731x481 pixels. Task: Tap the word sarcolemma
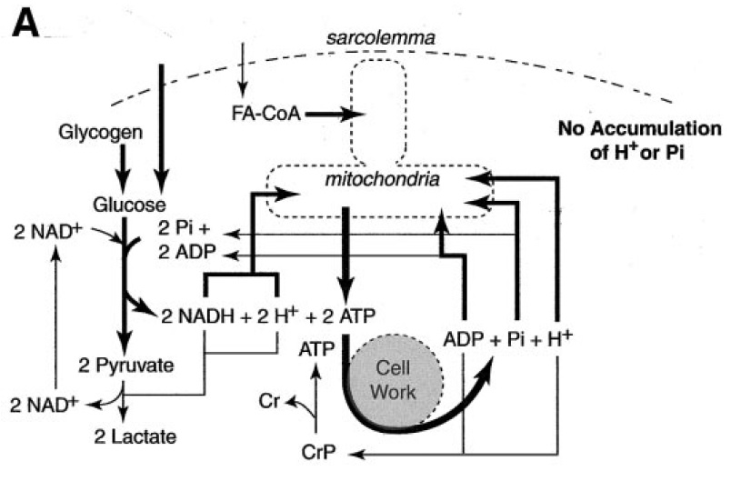[x=380, y=38]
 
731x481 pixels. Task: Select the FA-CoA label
[x=266, y=114]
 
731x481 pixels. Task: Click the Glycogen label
[x=100, y=133]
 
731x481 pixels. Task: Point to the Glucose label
[x=129, y=205]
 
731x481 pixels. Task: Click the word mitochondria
[x=382, y=179]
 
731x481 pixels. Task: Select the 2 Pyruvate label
[x=125, y=365]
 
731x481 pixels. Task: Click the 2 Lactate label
[x=135, y=436]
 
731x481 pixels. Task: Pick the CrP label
[x=318, y=452]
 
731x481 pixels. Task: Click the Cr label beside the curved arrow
[x=268, y=401]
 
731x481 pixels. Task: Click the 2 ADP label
[x=186, y=252]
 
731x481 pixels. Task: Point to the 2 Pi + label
[x=185, y=228]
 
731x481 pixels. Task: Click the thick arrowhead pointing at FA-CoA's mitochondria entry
[x=353, y=114]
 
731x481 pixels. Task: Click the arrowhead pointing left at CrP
[x=359, y=453]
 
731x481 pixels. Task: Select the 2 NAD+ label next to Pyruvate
[x=44, y=405]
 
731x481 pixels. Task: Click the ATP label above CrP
[x=316, y=348]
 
